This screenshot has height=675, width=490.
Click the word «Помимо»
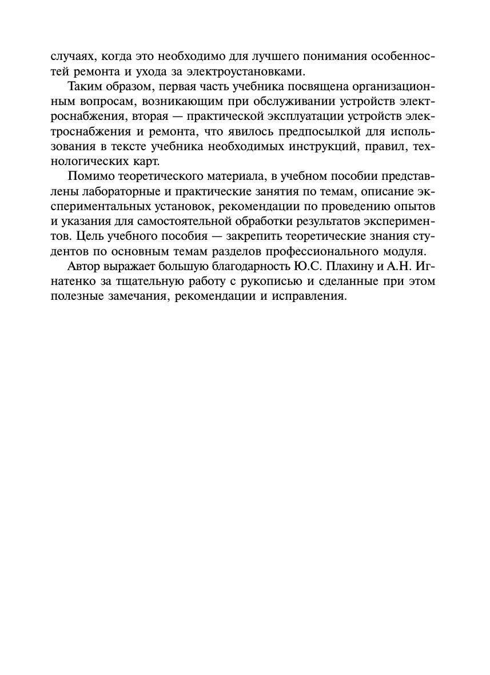[87, 176]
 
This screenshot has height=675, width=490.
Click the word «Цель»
[81, 235]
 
